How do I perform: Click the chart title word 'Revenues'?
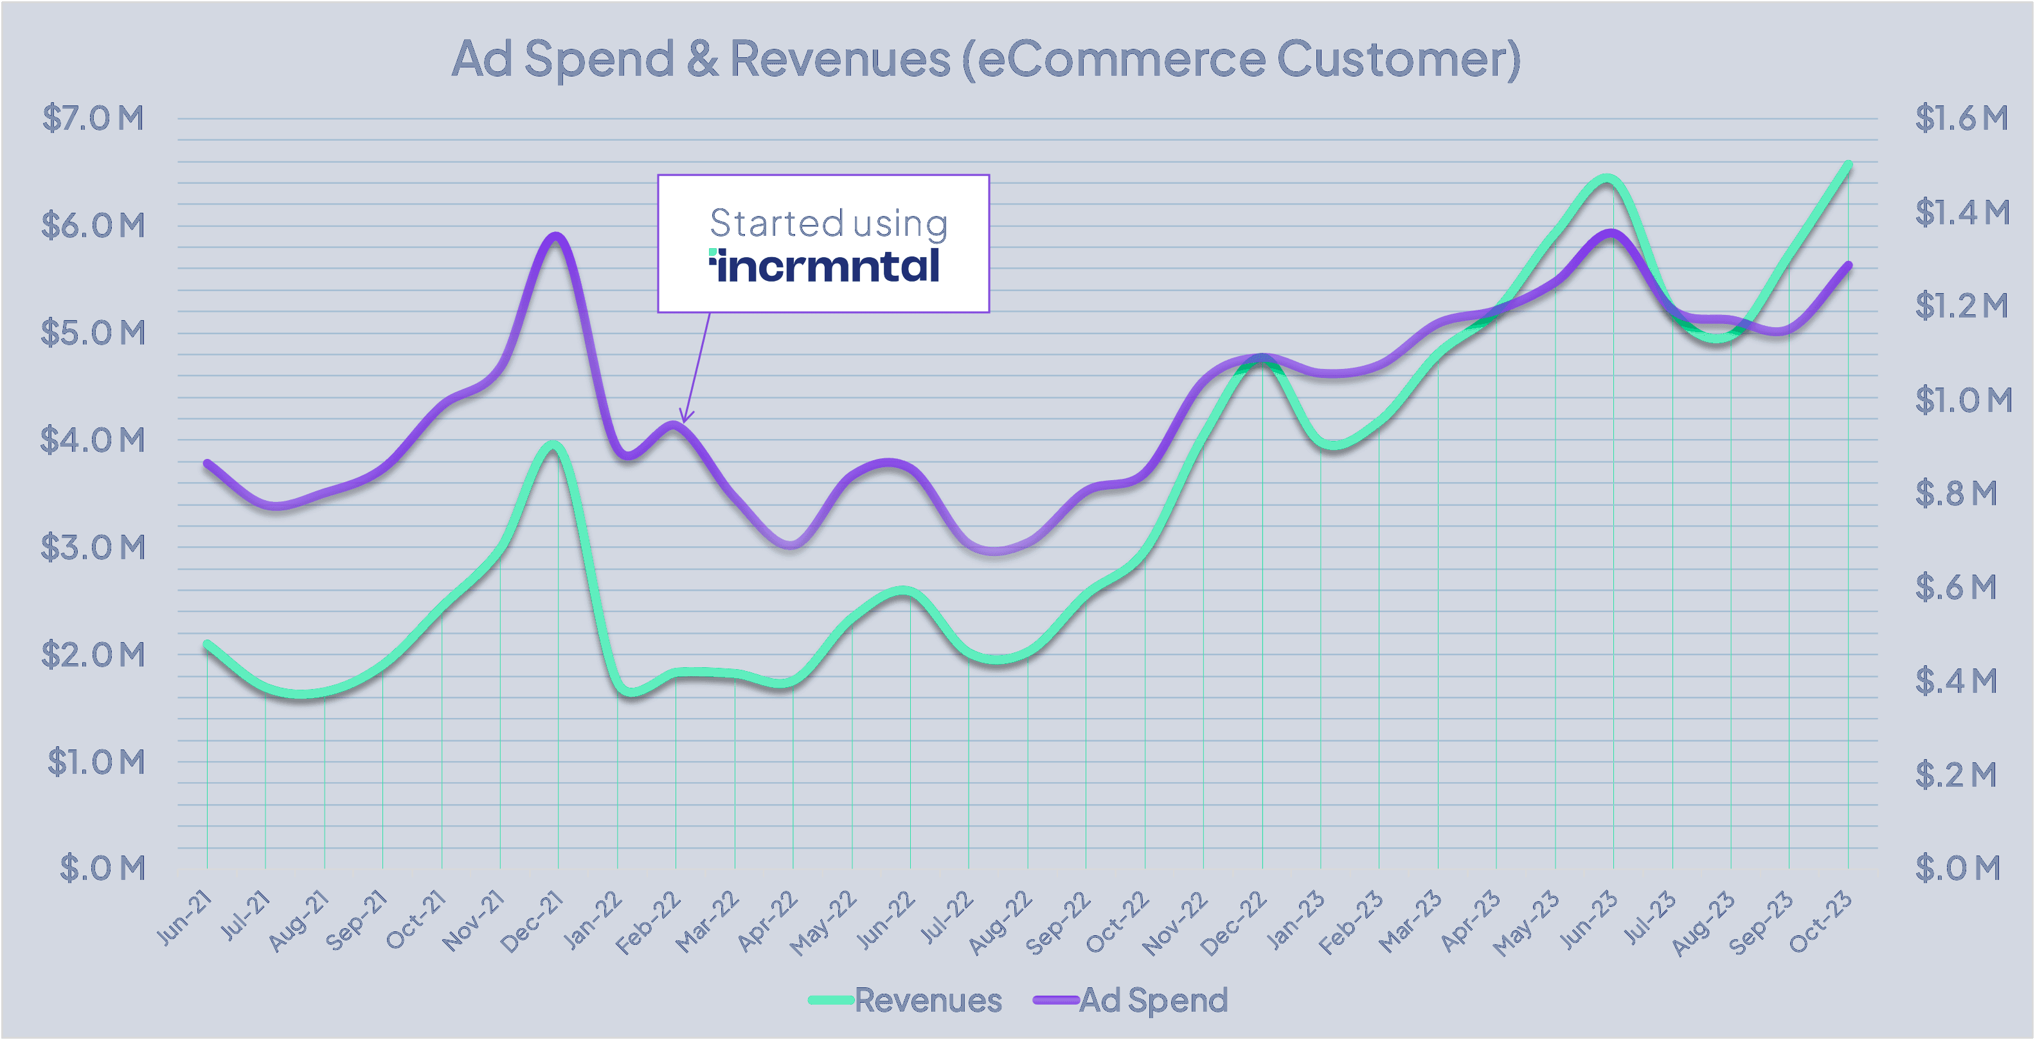[839, 58]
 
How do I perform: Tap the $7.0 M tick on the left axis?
[93, 118]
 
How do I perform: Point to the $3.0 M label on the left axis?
[93, 547]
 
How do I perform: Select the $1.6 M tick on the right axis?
[1960, 118]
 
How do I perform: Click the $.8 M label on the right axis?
[1955, 493]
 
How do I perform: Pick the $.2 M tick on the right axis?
[1955, 775]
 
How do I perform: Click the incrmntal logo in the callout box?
[824, 265]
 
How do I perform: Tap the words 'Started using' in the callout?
[828, 223]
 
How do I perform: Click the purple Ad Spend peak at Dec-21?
[556, 235]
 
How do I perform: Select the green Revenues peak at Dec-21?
[554, 445]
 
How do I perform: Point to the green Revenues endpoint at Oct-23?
[1849, 164]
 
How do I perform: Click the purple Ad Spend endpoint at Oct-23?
[1849, 265]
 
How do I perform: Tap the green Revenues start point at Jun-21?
[207, 644]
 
